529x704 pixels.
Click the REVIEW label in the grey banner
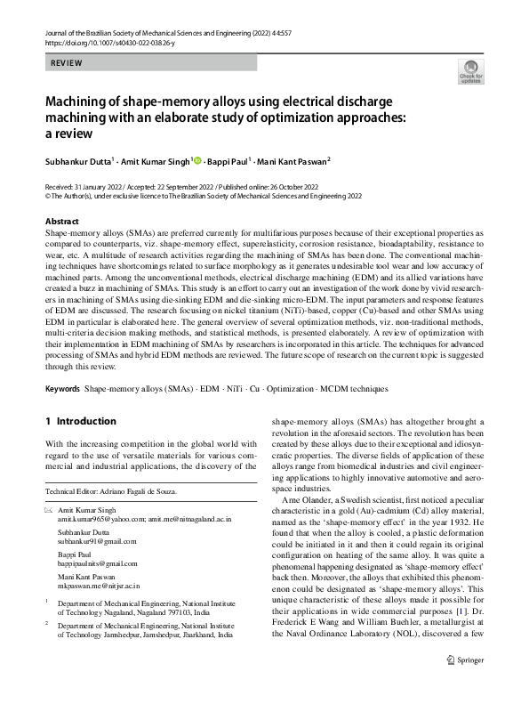point(67,64)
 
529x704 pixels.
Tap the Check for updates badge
point(470,72)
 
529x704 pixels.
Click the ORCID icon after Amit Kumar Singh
point(196,161)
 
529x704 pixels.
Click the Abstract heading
point(61,220)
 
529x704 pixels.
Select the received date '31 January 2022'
point(104,188)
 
